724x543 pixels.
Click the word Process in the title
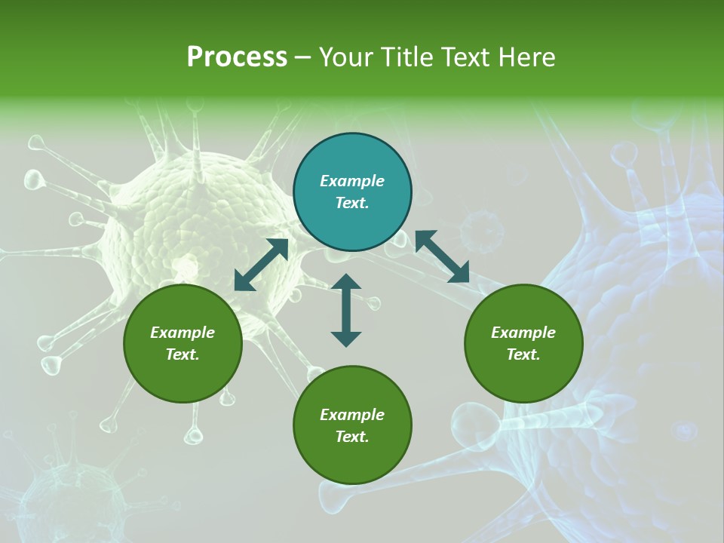(237, 57)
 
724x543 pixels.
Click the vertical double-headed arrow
(346, 310)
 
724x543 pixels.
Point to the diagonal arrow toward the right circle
(442, 257)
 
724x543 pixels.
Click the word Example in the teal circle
(352, 181)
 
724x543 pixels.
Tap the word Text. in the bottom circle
(352, 437)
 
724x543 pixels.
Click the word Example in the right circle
(523, 333)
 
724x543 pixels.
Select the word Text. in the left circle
(183, 354)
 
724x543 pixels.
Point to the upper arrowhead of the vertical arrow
(346, 281)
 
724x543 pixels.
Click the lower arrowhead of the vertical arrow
(346, 339)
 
